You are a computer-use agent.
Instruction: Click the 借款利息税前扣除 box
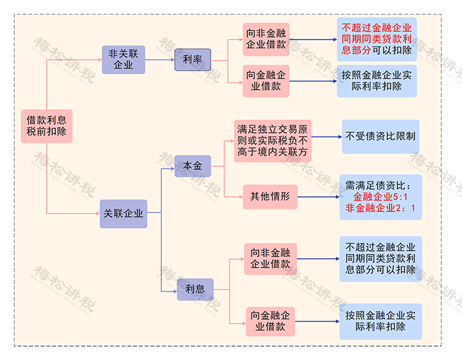point(46,126)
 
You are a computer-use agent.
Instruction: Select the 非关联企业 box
point(123,59)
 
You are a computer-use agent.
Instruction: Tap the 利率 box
point(192,59)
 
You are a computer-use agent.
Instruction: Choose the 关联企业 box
point(123,213)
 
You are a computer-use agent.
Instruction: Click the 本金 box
point(193,165)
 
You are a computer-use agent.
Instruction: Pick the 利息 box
point(195,289)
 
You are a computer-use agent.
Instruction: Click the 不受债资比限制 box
point(379,137)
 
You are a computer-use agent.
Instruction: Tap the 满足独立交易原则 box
point(273,141)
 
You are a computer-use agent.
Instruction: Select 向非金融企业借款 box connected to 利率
point(266,39)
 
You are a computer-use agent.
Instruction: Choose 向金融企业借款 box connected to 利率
point(266,81)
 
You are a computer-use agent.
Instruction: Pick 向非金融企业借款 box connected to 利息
point(270,258)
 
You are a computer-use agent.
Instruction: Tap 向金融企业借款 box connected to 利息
point(270,321)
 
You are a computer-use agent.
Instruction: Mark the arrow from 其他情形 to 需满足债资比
point(317,196)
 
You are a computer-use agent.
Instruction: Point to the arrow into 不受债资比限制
point(326,137)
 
